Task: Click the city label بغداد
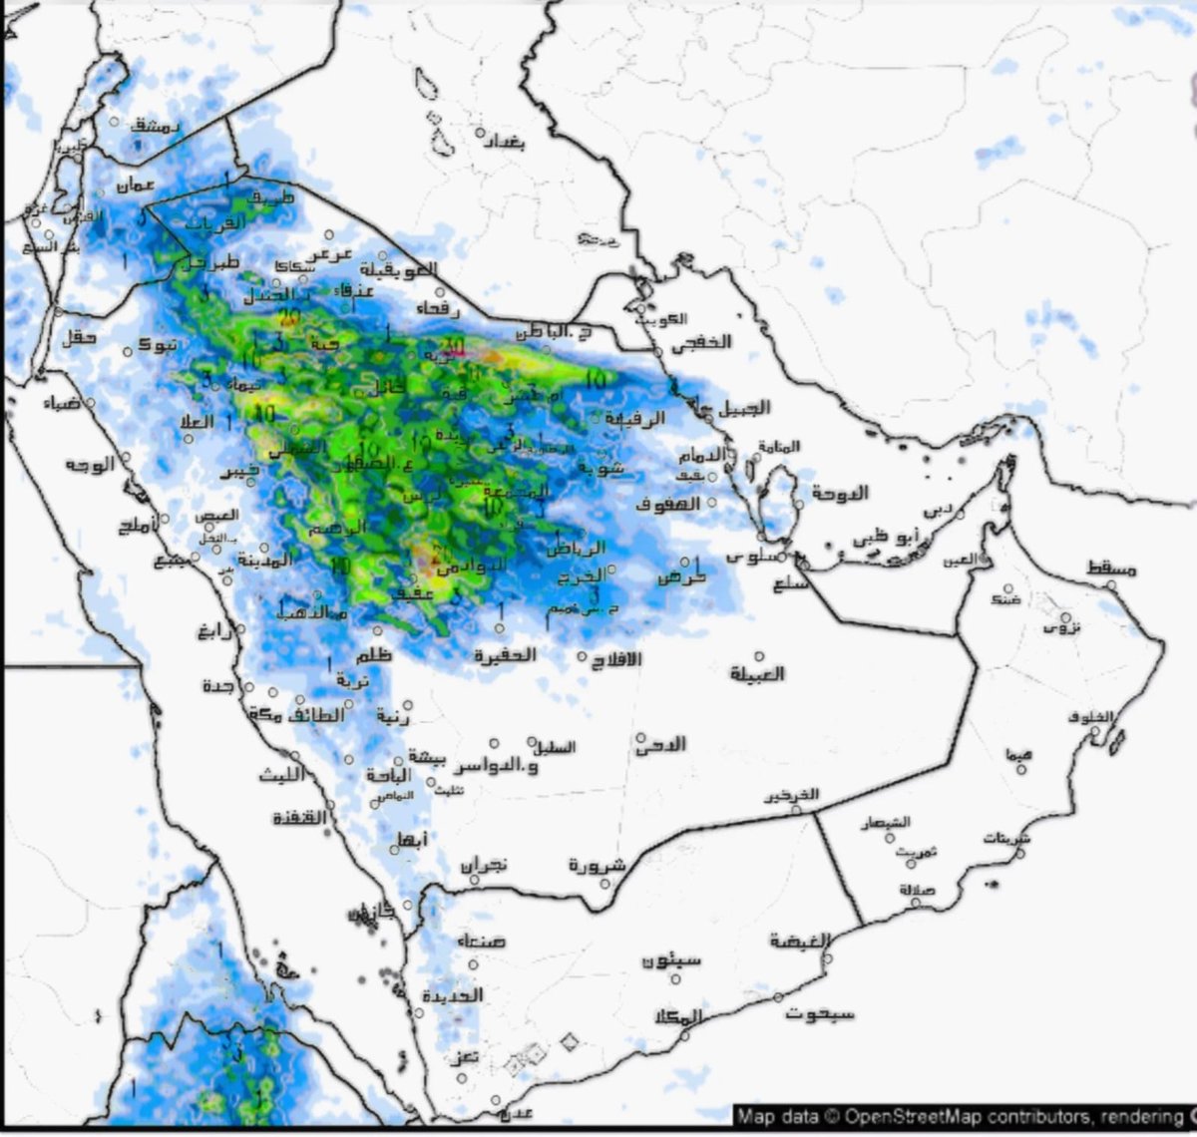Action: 503,143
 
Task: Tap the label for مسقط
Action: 1111,568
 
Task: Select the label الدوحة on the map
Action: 840,493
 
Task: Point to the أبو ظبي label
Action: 885,537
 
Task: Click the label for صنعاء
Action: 481,941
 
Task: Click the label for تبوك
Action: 159,344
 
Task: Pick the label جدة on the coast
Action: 218,686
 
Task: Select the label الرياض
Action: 576,548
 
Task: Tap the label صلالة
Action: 917,889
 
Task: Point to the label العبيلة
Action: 757,674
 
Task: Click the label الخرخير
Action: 792,795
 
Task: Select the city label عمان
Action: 136,186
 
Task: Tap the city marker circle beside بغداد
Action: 480,133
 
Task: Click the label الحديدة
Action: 452,995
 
